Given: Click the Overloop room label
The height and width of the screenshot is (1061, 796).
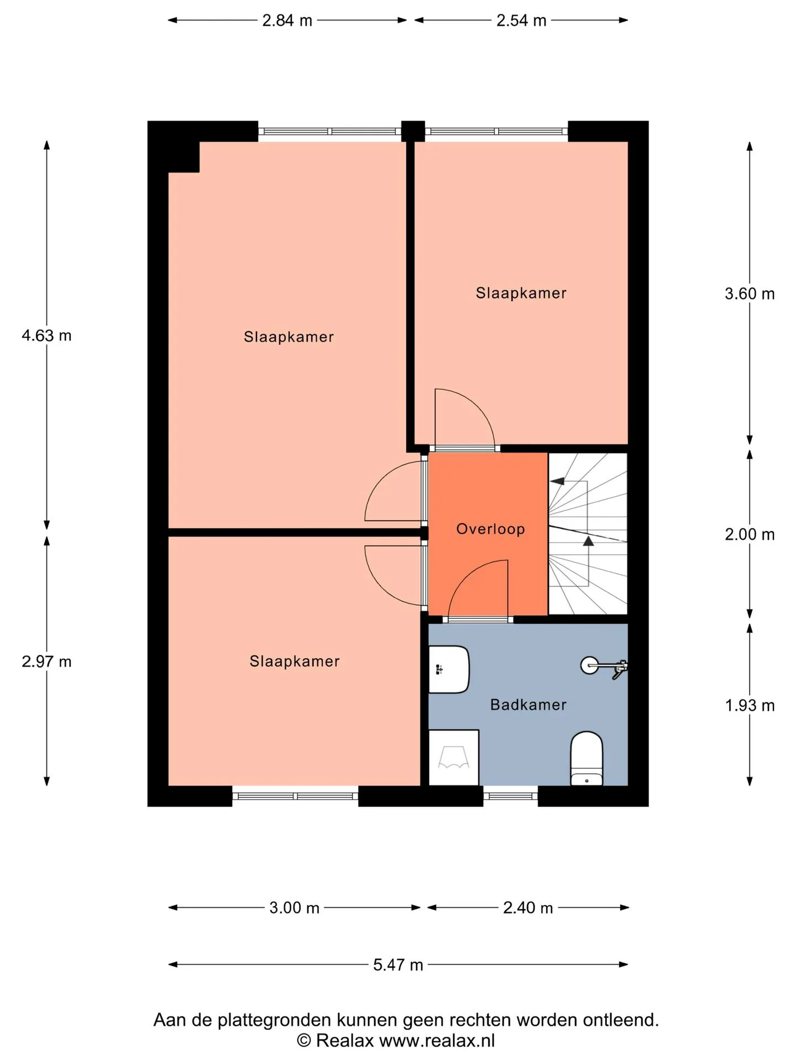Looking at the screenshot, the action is coord(490,529).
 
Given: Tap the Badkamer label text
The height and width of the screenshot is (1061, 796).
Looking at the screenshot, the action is coord(528,705).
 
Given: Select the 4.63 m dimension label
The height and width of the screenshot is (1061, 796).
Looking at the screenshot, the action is coord(46,335).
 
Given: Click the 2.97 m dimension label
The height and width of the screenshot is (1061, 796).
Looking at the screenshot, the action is coord(46,661).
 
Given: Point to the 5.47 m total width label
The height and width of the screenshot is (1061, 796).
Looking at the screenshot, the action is coord(398,965).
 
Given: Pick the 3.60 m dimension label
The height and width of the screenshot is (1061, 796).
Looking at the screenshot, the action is coord(750,294).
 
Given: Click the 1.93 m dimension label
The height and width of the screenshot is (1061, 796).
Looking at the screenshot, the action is coord(750,706).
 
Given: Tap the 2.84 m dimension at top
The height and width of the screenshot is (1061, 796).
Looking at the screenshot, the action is coord(287,20).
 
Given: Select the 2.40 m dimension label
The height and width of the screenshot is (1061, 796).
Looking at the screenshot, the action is coord(528,908).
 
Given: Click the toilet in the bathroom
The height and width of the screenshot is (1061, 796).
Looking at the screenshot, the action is coord(586,758).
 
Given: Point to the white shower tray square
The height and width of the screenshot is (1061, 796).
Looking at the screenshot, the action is coord(454,757).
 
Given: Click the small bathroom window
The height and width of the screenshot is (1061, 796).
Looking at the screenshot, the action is coord(511,796).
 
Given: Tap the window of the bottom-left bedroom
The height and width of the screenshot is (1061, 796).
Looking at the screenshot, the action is coord(295,796).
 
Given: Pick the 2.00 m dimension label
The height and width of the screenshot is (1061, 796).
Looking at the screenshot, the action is coord(750,534).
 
